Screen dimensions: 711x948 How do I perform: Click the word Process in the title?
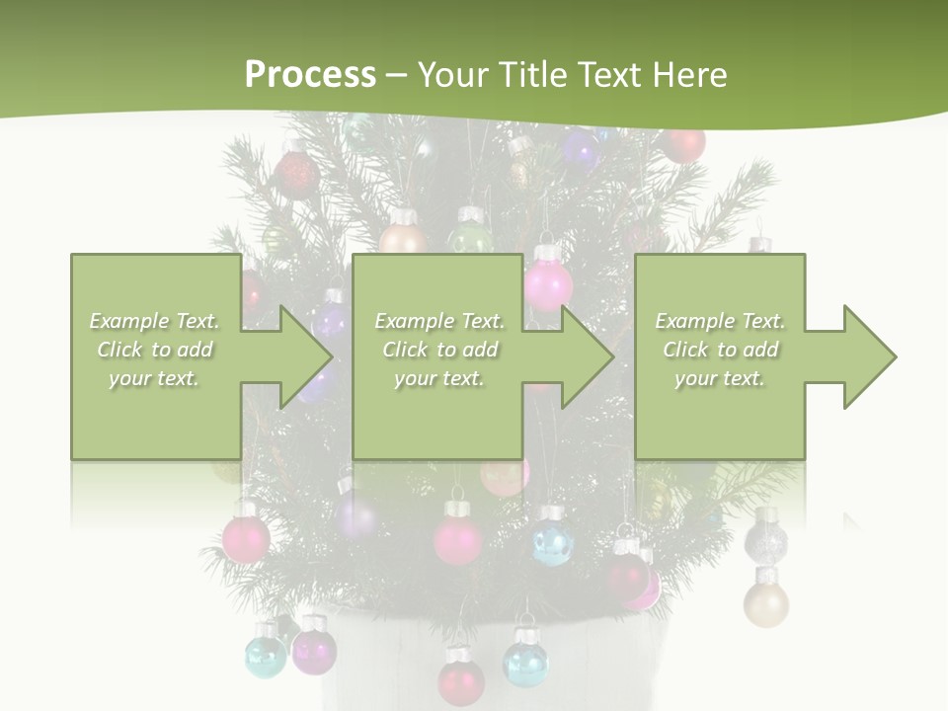[x=310, y=74]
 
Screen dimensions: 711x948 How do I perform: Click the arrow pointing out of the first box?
[x=290, y=356]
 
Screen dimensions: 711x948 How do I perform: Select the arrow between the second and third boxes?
[x=573, y=356]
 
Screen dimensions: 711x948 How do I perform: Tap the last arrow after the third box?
[x=855, y=356]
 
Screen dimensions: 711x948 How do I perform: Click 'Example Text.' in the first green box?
[x=154, y=321]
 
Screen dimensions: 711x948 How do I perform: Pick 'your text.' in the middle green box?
[x=438, y=378]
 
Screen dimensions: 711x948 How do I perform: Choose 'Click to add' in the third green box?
[x=721, y=350]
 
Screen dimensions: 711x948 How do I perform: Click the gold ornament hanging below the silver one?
[x=765, y=602]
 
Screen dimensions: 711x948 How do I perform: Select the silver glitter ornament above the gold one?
[x=765, y=539]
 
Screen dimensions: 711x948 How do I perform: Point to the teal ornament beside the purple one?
[x=266, y=655]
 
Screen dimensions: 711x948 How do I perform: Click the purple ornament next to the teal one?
[x=314, y=649]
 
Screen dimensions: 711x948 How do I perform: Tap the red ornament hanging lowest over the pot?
[x=461, y=680]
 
